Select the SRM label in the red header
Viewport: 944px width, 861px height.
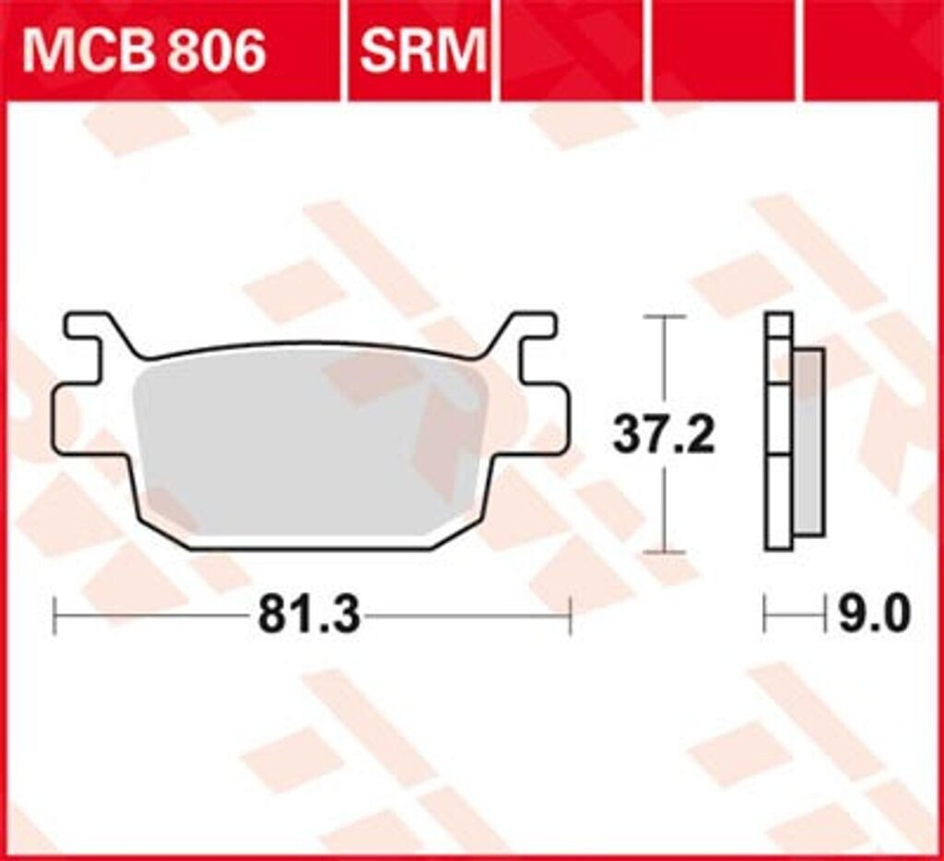421,51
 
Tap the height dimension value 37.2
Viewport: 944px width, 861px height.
664,435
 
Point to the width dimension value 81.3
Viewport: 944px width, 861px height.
309,615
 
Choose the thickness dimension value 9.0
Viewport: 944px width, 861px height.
873,615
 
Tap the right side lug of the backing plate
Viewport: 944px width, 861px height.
549,419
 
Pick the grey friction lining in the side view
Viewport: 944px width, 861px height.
808,442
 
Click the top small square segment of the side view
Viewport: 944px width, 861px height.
779,324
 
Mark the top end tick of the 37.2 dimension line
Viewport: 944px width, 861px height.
664,316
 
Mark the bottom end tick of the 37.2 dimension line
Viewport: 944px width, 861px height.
664,552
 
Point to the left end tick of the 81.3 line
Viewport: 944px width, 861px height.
55,615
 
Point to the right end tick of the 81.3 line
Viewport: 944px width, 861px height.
571,615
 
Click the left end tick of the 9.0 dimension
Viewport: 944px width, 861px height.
765,615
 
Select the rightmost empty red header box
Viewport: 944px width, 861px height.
871,51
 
